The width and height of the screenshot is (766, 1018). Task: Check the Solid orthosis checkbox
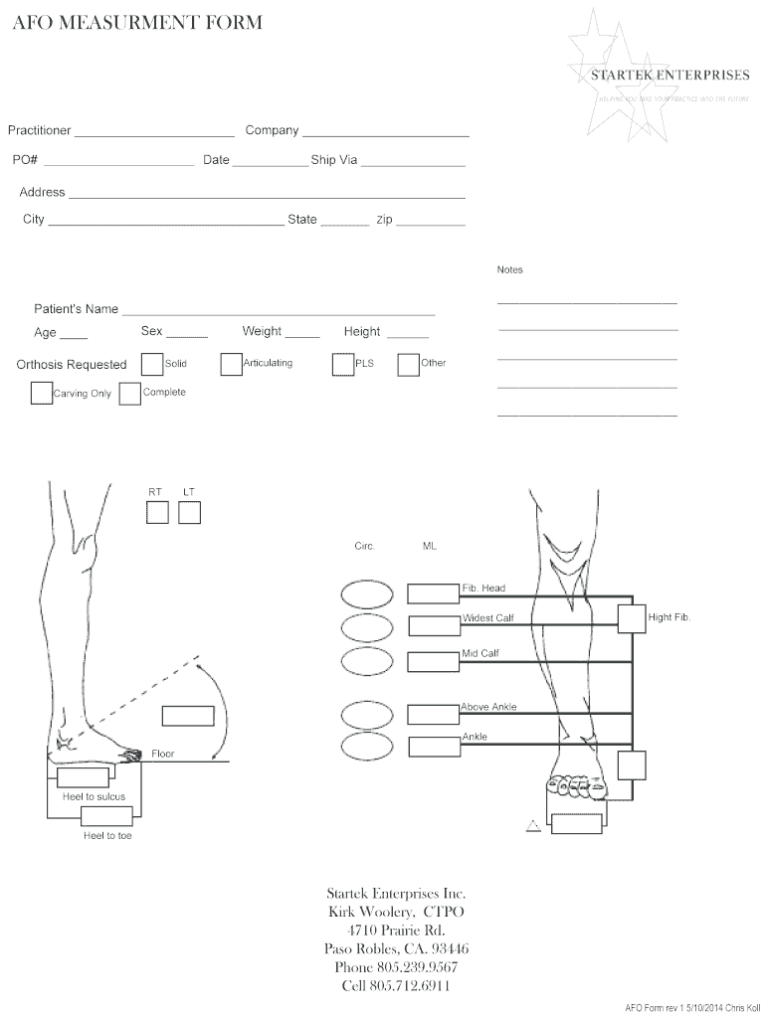coord(152,365)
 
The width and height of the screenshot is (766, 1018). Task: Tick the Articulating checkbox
coord(231,365)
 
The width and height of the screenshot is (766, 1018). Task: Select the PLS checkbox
coord(343,366)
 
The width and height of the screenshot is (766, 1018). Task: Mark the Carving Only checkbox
coord(41,394)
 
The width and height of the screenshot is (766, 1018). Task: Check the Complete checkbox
coord(129,394)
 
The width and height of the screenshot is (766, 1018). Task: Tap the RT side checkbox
coord(157,513)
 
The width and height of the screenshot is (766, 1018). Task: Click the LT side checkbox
coord(189,513)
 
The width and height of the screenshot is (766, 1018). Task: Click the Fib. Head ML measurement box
coord(433,594)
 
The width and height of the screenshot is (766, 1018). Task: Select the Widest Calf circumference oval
coord(367,627)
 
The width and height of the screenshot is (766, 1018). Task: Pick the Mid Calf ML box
coord(433,660)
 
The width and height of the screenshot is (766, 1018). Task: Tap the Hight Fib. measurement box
coord(631,618)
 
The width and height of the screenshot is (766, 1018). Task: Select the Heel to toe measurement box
coord(105,817)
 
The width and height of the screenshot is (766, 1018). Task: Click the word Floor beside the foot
coord(163,754)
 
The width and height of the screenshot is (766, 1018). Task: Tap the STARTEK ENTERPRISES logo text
coord(670,75)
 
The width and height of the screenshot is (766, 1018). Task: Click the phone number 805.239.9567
coord(396,967)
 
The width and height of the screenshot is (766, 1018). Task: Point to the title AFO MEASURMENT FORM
coord(137,23)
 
